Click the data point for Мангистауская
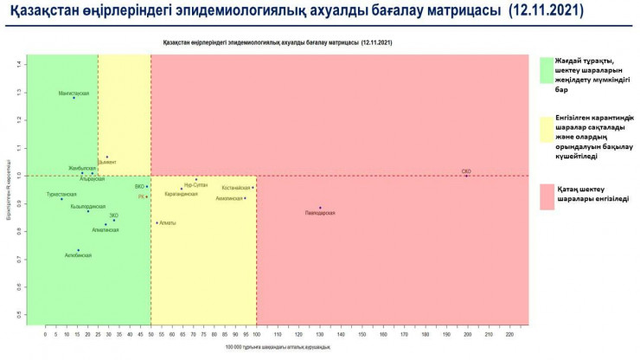tap(74, 98)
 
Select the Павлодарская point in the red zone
tap(320, 208)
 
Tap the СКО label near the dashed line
tap(466, 171)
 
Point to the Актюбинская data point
tap(78, 250)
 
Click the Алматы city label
tap(168, 222)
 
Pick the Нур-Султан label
tap(195, 185)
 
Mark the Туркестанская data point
tap(61, 199)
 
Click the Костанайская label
tap(235, 187)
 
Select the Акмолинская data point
tap(245, 198)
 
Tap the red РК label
tap(142, 197)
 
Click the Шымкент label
tap(106, 162)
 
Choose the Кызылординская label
tap(88, 206)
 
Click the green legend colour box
tap(547, 70)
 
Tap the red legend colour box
tap(547, 196)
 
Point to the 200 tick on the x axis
tap(467, 332)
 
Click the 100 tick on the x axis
tap(256, 332)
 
